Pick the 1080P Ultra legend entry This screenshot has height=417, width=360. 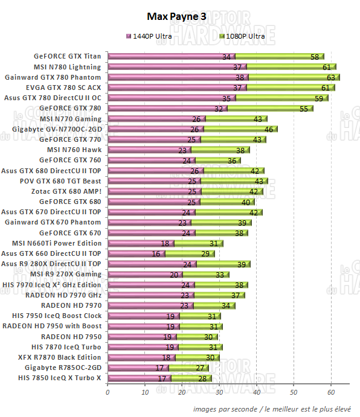coord(244,37)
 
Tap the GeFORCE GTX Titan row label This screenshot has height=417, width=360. coord(68,57)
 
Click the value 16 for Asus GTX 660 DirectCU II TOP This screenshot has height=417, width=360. coord(155,253)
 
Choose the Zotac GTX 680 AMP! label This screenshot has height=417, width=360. coord(68,191)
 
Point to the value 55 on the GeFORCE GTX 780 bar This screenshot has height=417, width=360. coord(303,109)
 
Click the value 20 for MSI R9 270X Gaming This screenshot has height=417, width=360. coord(173,274)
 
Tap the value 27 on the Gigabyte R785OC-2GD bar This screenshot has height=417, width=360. coord(200,368)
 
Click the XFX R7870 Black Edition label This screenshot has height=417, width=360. coord(63,357)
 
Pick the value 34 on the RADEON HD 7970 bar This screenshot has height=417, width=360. coord(225,305)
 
